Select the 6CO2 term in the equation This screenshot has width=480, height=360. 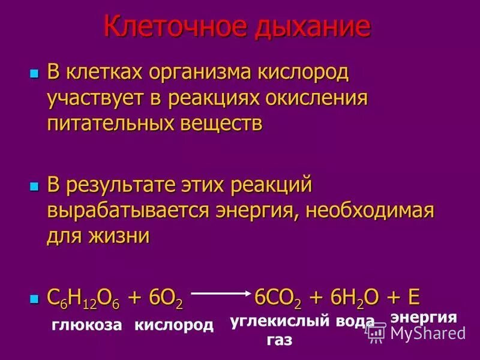277,298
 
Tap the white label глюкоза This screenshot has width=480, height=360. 87,325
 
